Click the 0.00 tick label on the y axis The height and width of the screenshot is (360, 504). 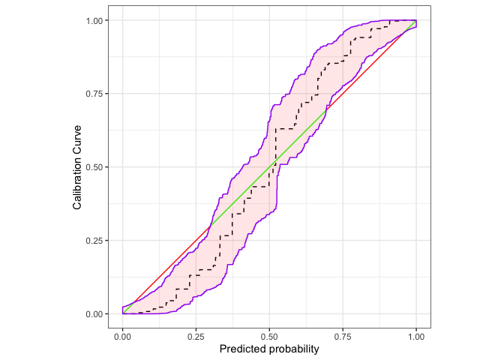(98, 314)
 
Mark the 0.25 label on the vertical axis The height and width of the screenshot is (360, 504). (98, 241)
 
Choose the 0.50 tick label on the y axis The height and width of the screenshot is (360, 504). (98, 167)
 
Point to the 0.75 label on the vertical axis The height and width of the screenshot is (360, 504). (98, 94)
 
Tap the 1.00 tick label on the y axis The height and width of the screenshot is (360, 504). (98, 20)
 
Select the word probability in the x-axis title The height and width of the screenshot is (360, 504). (292, 349)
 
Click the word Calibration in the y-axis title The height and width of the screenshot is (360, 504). (77, 182)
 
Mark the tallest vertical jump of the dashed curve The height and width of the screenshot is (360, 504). (274, 147)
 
